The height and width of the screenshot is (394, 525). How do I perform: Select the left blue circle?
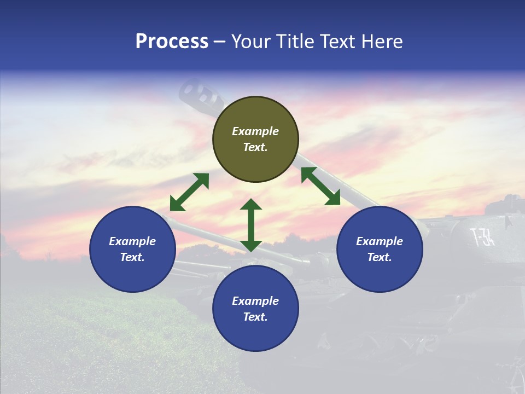click(132, 249)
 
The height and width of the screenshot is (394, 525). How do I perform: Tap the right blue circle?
click(380, 249)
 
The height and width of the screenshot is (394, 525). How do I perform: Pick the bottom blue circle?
click(255, 309)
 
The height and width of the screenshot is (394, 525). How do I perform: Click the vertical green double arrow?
click(251, 225)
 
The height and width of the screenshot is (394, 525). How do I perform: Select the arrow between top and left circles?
click(189, 192)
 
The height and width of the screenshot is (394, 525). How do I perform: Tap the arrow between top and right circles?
click(320, 186)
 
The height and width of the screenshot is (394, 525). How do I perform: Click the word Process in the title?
click(172, 42)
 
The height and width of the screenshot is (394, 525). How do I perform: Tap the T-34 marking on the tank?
click(482, 237)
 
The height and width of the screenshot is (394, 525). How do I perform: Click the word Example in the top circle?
click(255, 131)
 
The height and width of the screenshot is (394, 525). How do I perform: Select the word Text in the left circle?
click(132, 257)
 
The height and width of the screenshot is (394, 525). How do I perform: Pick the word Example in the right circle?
click(380, 241)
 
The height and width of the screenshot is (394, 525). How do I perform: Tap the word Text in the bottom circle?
click(255, 317)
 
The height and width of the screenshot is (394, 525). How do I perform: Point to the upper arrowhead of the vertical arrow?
click(251, 205)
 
